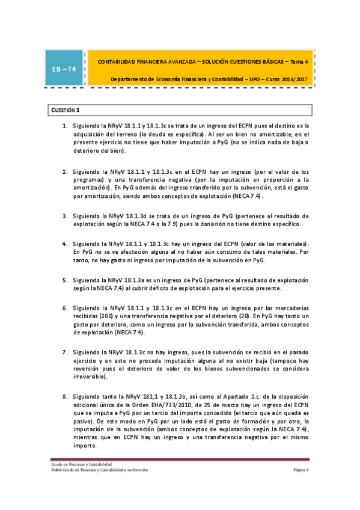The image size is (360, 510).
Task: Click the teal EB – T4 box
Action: (x=64, y=69)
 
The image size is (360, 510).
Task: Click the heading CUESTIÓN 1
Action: (x=63, y=110)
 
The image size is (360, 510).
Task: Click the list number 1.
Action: (x=64, y=125)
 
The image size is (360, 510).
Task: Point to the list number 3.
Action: (x=64, y=215)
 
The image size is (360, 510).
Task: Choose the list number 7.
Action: (x=64, y=351)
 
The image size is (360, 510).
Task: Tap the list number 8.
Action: (x=64, y=397)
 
